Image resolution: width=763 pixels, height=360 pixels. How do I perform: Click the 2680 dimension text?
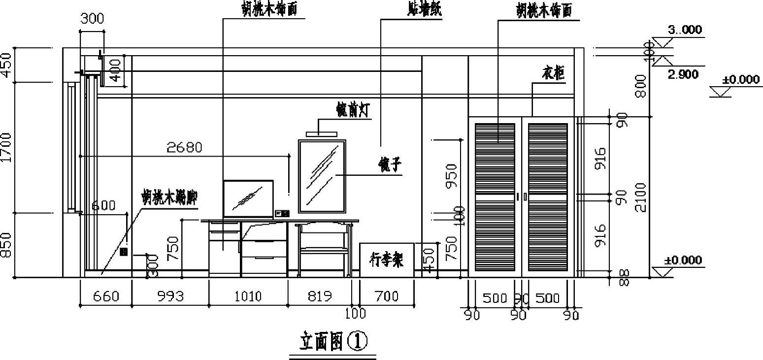tap(184, 147)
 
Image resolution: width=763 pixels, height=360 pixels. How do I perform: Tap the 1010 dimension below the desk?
tap(248, 296)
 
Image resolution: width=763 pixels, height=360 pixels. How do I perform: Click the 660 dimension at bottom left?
tap(106, 296)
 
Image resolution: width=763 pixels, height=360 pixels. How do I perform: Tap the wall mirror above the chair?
tap(322, 173)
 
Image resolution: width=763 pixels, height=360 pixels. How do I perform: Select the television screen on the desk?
tap(248, 198)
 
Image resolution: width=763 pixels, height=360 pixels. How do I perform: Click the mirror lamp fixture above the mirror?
tap(322, 133)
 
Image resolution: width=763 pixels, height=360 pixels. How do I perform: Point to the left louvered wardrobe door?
tap(495, 196)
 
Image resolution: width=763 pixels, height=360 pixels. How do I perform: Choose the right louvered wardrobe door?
tap(548, 196)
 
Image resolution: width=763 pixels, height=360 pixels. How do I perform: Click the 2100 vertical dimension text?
tap(640, 197)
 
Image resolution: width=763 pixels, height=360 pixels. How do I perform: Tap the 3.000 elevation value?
tap(685, 30)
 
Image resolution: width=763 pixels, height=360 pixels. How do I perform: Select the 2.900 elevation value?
tap(683, 75)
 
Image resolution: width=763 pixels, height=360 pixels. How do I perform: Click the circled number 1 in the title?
tap(357, 341)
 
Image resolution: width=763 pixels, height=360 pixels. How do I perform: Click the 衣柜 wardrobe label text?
tap(553, 74)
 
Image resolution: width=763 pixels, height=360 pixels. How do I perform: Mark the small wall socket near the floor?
tap(124, 252)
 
